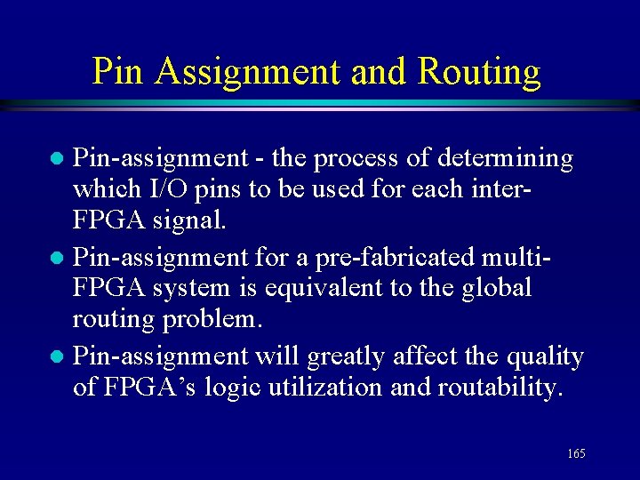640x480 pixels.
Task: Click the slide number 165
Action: (576, 454)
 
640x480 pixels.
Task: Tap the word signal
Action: (191, 218)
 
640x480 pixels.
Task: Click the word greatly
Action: (348, 357)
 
